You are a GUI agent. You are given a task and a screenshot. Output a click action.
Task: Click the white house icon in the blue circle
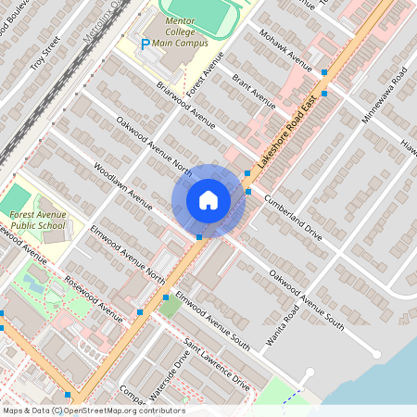click(208, 199)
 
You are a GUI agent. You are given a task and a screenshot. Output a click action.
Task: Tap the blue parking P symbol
click(144, 44)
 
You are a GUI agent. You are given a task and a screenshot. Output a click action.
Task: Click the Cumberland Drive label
click(293, 218)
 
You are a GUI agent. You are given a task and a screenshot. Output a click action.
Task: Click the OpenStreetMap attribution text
click(93, 411)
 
